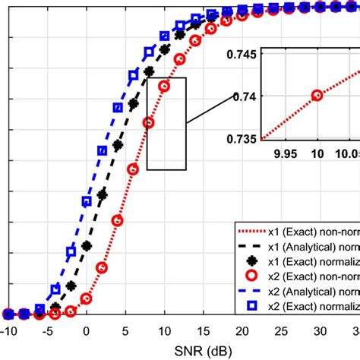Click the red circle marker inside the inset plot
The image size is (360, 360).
pos(317,95)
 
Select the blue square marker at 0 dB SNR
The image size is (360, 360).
pos(86,201)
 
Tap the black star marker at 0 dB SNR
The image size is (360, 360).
pos(86,246)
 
